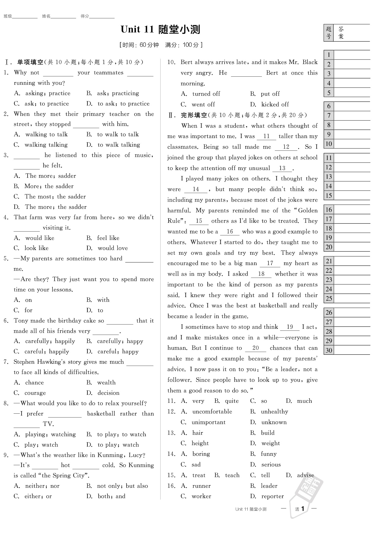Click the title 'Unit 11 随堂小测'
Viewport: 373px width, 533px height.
(160, 29)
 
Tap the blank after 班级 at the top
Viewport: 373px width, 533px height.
(25, 17)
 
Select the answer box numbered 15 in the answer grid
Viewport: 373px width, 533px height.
(352, 195)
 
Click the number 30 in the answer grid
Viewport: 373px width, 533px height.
(329, 350)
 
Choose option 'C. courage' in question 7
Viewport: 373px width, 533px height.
(30, 393)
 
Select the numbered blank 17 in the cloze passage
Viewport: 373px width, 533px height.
(270, 263)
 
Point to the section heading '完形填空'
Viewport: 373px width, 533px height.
(194, 115)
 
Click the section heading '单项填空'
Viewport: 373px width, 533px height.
(30, 62)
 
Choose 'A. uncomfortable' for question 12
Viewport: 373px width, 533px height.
(206, 412)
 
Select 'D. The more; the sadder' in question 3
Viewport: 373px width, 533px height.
(50, 207)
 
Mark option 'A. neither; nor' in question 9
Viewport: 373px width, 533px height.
(37, 486)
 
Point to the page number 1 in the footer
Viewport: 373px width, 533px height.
(302, 509)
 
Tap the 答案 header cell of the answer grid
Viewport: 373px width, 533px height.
(341, 33)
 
